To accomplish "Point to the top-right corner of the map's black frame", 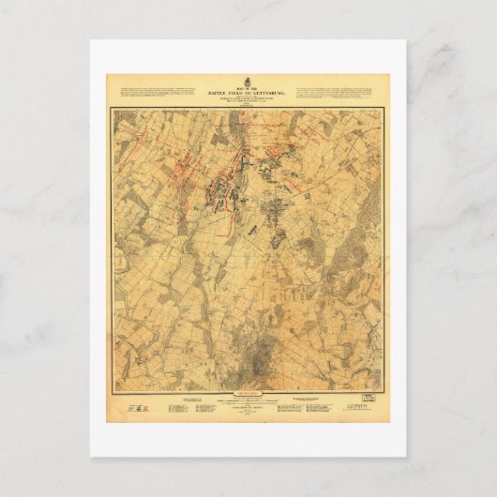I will (384, 109).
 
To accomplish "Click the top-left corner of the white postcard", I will (91, 40).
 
